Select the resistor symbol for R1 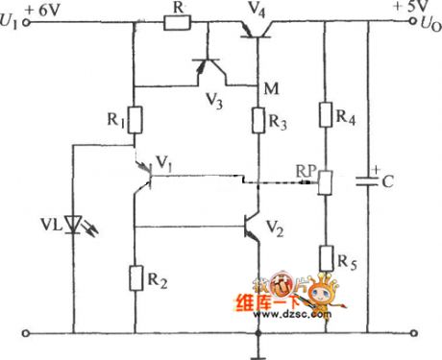[135, 120]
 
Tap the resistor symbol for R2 [135, 278]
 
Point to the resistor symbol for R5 [325, 256]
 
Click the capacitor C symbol [369, 180]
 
